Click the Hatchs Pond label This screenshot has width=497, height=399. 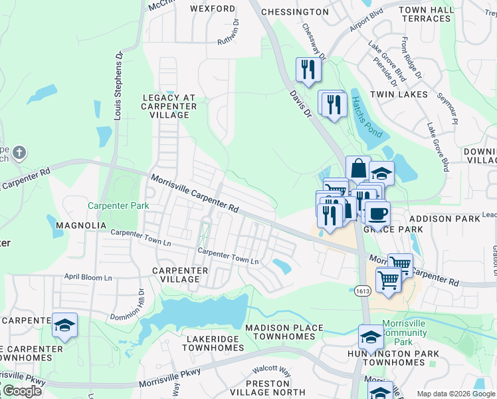click(366, 117)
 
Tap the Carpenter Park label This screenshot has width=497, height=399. click(118, 206)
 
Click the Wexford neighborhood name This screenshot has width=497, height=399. click(213, 9)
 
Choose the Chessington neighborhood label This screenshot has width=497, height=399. click(295, 12)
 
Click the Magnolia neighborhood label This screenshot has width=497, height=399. click(81, 225)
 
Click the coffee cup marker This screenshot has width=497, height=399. click(377, 213)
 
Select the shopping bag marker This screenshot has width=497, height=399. click(358, 169)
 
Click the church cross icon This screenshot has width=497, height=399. click(19, 153)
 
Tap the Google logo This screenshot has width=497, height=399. click(22, 391)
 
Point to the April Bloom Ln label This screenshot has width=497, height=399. click(88, 277)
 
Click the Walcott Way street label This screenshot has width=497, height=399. click(271, 370)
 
